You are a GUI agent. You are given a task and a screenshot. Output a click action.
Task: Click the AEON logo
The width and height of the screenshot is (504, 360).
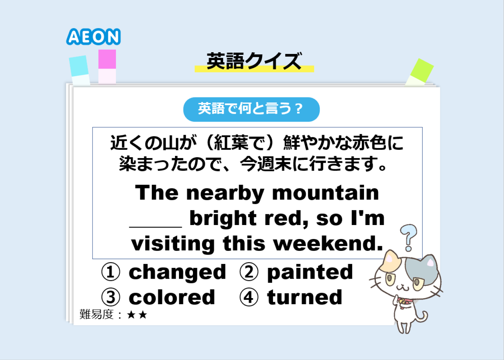(93, 36)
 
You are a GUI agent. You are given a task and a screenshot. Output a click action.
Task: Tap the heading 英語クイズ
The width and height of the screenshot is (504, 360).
(254, 61)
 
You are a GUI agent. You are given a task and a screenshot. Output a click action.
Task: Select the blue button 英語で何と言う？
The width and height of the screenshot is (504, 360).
(251, 109)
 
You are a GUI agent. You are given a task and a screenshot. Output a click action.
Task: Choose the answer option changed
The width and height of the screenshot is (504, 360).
(177, 272)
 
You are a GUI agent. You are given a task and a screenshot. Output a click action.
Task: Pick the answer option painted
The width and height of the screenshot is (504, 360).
(310, 272)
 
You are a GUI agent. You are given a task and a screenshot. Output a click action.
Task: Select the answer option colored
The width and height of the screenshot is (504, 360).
(172, 297)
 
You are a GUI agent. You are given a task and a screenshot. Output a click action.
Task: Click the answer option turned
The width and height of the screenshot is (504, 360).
(305, 297)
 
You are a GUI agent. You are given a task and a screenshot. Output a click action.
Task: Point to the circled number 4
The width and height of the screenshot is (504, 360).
(249, 297)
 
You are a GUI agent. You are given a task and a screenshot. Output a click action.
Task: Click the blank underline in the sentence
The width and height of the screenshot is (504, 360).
(156, 227)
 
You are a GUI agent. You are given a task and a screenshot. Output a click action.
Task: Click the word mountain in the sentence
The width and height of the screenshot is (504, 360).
(325, 193)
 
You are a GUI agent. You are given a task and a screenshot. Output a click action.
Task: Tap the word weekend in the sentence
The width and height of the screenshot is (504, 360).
(328, 243)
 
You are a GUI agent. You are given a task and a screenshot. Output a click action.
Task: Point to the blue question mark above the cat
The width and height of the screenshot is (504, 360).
(408, 238)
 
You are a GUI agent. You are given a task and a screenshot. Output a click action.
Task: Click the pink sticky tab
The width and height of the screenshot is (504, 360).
(107, 67)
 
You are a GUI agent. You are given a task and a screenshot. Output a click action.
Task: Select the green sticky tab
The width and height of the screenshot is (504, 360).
(420, 72)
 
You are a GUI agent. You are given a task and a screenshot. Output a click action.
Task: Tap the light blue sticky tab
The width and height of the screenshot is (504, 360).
(80, 70)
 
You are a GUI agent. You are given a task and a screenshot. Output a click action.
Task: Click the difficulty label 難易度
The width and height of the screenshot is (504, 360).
(96, 314)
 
